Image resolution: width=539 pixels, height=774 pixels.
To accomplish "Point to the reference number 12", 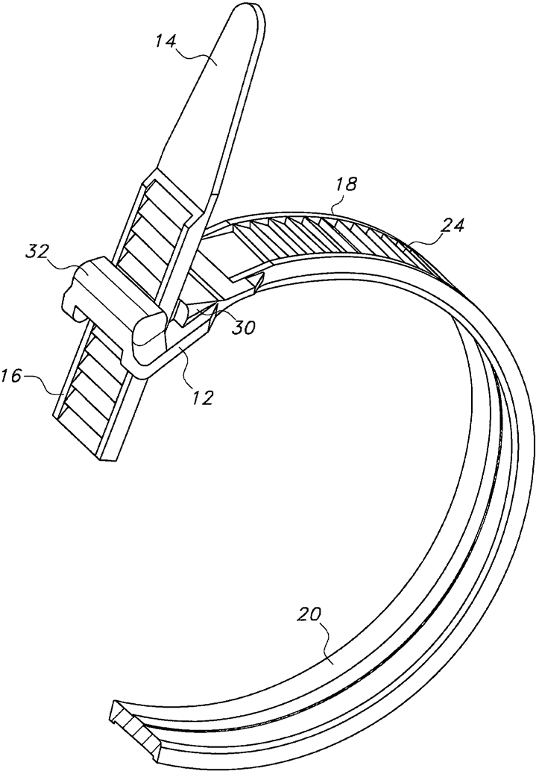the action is click(x=203, y=397).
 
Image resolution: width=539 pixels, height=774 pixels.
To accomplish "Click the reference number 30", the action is click(x=245, y=327).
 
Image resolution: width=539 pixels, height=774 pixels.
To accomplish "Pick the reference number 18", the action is click(x=344, y=185).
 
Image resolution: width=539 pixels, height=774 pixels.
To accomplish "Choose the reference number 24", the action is click(x=452, y=225).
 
